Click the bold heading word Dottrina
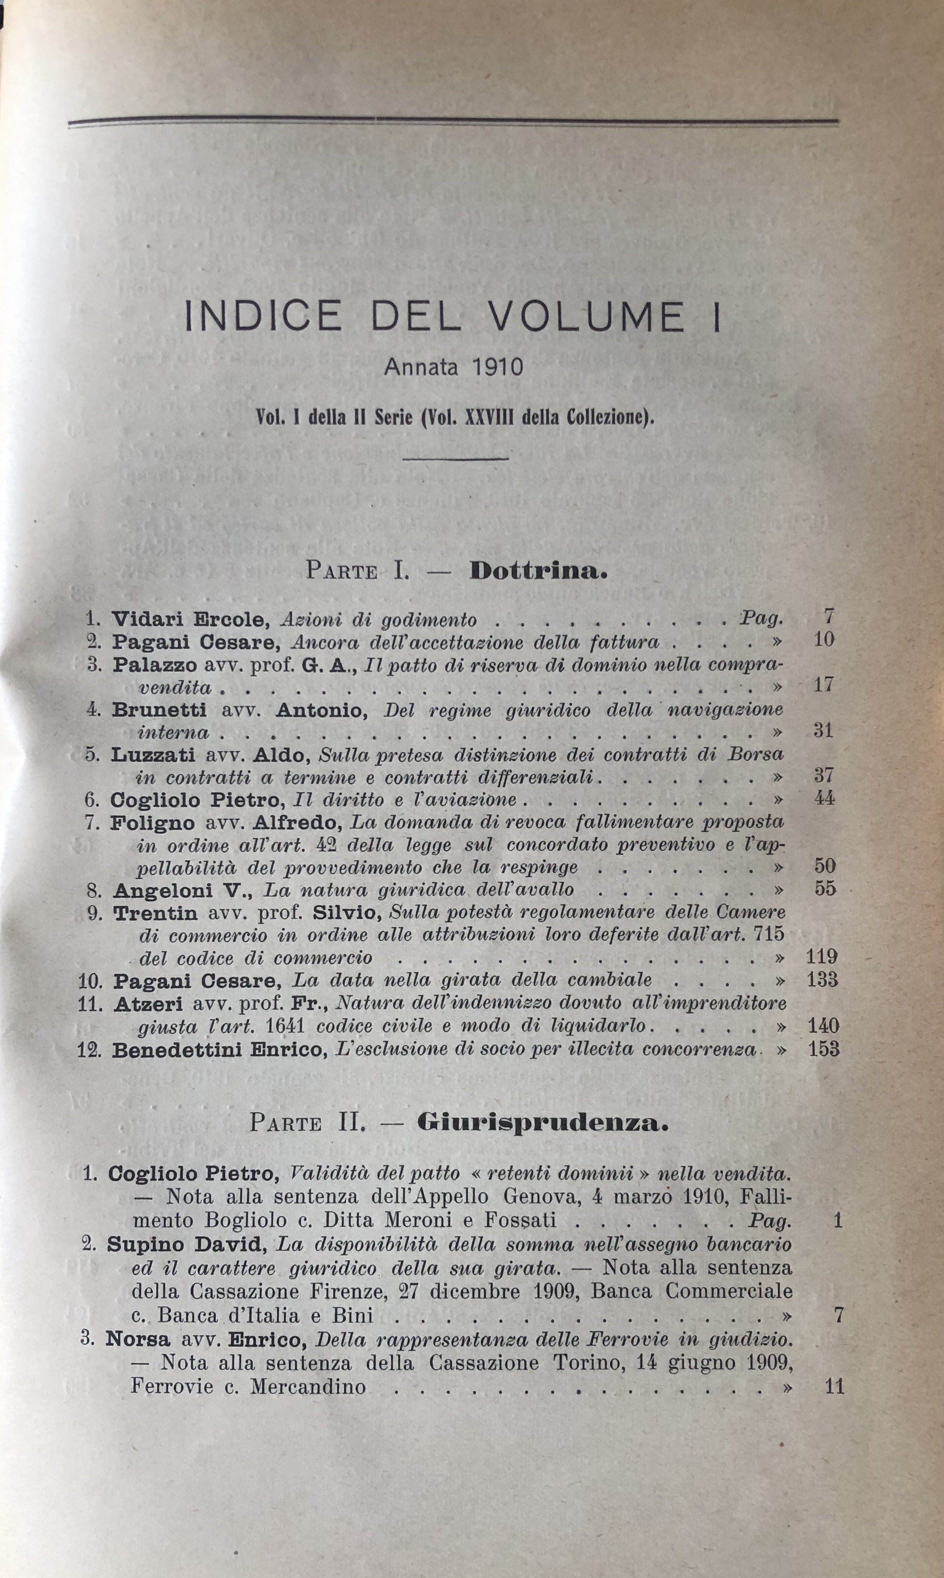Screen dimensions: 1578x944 538,570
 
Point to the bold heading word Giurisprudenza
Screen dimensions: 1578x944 543,1122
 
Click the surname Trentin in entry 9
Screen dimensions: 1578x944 156,913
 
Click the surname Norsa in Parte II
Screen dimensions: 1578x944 137,1339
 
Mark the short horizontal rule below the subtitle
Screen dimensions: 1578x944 455,458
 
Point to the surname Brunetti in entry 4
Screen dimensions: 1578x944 159,709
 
